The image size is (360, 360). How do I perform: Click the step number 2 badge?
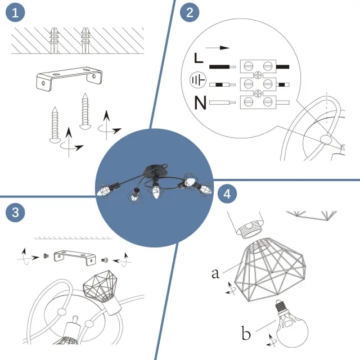pyautogui.click(x=189, y=13)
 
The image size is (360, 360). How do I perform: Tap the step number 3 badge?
pyautogui.click(x=15, y=212)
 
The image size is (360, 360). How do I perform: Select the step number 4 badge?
pyautogui.click(x=227, y=194)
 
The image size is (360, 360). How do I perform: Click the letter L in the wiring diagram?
pyautogui.click(x=198, y=58)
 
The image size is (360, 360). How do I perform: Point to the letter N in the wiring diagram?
pyautogui.click(x=199, y=103)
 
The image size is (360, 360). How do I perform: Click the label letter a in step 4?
pyautogui.click(x=215, y=274)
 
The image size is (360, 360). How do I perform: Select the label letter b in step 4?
pyautogui.click(x=246, y=334)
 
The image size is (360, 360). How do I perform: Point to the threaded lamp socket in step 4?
pyautogui.click(x=247, y=227)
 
